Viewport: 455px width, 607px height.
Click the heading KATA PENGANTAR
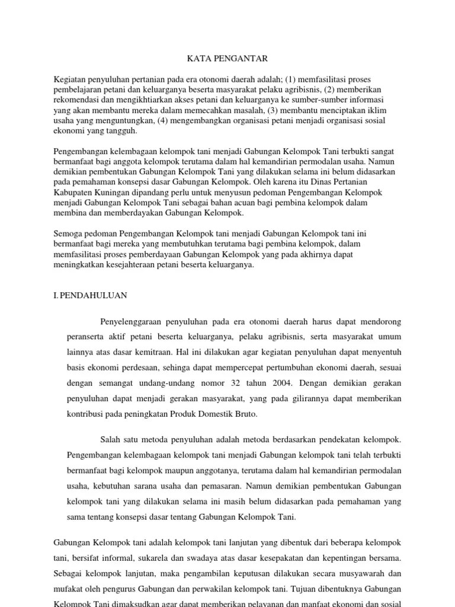click(x=227, y=58)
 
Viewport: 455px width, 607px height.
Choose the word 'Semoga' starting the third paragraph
click(x=68, y=234)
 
